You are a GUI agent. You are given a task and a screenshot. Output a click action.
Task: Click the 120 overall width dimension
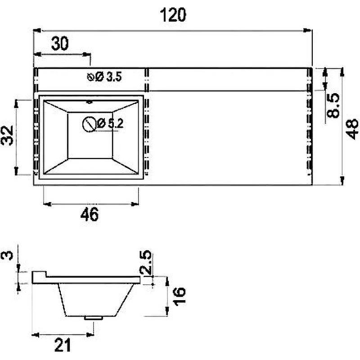pos(173,15)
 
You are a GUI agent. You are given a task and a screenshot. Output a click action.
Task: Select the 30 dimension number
pos(60,44)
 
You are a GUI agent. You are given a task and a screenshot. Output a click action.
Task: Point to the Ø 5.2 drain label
pos(110,123)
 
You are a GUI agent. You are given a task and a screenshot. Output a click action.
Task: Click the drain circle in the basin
pos(89,124)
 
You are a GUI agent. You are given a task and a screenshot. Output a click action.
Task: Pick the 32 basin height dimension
pos(7,136)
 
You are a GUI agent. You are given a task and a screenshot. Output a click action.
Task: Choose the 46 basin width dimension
pos(90,214)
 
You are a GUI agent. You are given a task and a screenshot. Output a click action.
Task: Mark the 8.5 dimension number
pos(333,106)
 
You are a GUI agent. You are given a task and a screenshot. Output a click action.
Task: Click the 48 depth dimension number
pos(352,129)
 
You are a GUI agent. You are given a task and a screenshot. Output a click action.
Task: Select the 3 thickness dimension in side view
pos(7,256)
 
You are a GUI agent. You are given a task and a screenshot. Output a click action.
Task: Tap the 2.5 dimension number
pos(145,263)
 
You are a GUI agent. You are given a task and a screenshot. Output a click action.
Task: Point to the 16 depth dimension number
pos(179,297)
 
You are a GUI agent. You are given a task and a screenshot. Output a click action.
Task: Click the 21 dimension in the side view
pos(63,345)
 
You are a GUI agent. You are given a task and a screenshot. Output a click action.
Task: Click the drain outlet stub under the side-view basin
pos(94,318)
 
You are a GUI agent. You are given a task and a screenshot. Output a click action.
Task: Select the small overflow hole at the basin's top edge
pos(89,102)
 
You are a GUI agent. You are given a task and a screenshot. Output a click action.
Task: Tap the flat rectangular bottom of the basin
pos(90,135)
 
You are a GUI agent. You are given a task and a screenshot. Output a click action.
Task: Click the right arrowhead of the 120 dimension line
pos(308,30)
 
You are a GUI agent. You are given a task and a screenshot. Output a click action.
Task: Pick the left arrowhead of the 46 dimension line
pos(47,204)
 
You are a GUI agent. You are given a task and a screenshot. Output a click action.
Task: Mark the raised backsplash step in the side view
pos(39,274)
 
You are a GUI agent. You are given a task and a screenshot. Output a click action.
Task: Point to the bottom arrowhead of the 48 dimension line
pos(342,180)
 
